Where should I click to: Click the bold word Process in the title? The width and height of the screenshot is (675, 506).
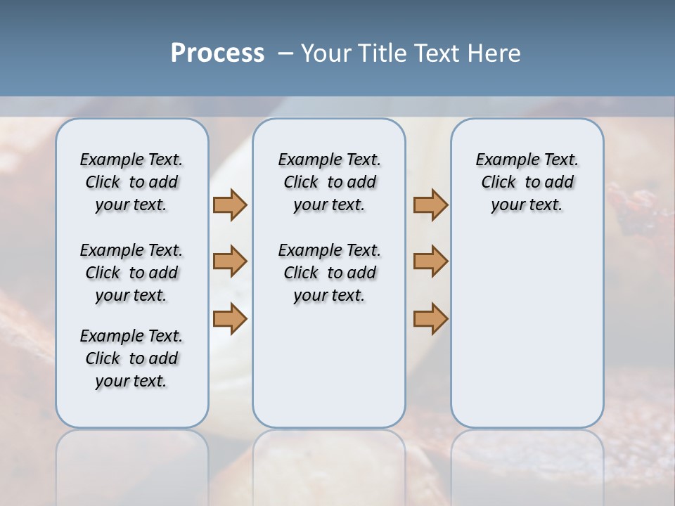[217, 53]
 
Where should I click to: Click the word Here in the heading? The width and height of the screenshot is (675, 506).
[495, 53]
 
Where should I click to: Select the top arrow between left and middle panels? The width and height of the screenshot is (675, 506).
[230, 205]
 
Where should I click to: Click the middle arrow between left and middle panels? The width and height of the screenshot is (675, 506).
[230, 261]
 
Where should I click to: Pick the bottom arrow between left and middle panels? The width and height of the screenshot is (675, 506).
[230, 318]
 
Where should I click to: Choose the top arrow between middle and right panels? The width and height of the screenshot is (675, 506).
[430, 205]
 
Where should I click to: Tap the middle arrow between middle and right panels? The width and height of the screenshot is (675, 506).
[430, 261]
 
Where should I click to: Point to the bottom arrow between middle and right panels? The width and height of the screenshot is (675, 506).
[430, 318]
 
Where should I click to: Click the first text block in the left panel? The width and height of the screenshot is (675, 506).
[131, 182]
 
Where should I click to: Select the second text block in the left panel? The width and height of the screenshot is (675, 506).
[131, 273]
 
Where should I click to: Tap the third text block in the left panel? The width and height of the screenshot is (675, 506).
[131, 358]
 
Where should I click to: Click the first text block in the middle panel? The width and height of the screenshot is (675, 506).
[329, 182]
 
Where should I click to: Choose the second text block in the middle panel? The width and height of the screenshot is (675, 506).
[329, 273]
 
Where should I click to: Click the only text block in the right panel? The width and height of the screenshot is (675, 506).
[527, 182]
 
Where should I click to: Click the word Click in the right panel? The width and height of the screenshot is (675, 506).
[499, 183]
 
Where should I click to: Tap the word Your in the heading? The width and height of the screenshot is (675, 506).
[326, 53]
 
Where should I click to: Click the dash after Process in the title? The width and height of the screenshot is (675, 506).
[285, 53]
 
